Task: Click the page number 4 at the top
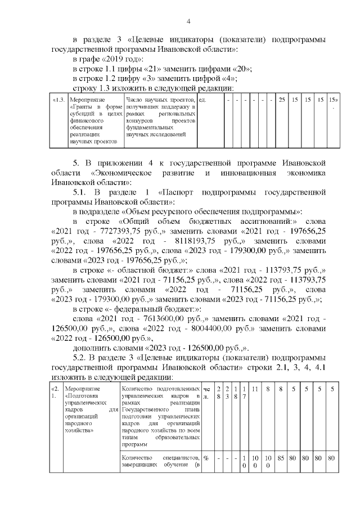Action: click(188, 21)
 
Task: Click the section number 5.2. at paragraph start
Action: click(83, 358)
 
